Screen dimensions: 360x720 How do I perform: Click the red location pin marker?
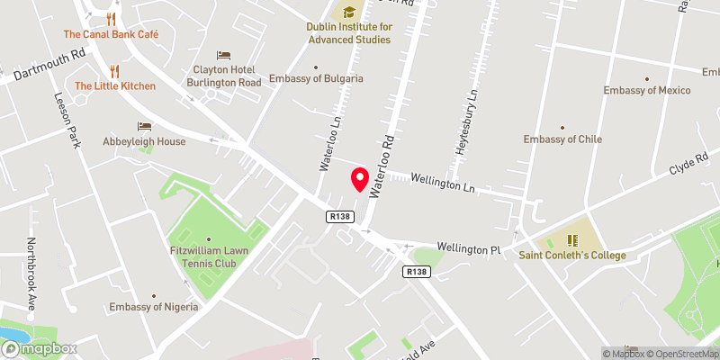(360, 180)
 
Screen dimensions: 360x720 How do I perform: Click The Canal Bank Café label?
(111, 34)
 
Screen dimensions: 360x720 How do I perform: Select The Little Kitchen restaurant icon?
(115, 70)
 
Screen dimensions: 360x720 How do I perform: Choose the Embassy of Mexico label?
(647, 90)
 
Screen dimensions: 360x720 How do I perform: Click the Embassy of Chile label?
(562, 139)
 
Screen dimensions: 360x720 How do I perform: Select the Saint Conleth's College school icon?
(571, 240)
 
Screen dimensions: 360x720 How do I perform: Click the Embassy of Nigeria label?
(153, 307)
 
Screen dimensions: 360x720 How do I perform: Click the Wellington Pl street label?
(468, 247)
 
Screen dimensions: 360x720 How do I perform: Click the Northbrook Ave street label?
(31, 273)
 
